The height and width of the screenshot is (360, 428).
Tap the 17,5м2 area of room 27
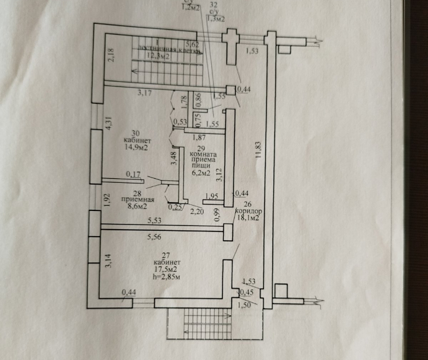166,269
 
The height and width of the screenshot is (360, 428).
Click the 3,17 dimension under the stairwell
145,92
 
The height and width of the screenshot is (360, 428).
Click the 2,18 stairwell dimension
109,56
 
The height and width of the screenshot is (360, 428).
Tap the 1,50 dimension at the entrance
243,304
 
